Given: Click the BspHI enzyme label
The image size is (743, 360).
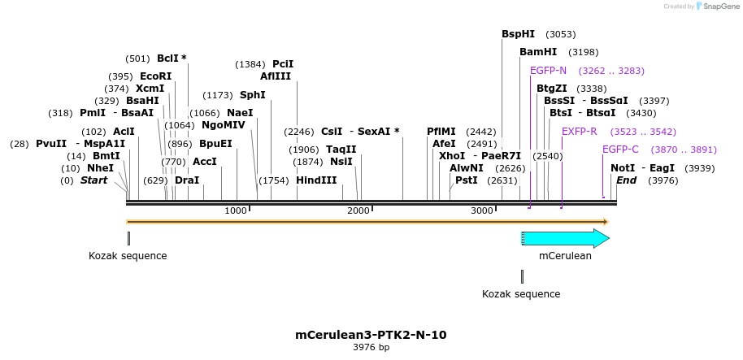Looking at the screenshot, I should click(518, 34).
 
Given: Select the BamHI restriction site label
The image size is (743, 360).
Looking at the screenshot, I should click(538, 52).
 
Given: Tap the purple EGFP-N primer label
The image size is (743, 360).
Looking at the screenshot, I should click(548, 71).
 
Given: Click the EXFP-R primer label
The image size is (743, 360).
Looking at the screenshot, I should click(579, 131).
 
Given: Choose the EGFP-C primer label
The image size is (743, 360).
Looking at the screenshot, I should click(620, 150).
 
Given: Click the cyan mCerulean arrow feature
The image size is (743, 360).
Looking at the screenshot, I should click(566, 238).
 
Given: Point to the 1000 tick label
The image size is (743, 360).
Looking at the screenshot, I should click(236, 210).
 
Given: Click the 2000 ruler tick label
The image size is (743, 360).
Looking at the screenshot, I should click(358, 210).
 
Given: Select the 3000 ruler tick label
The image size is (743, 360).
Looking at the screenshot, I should click(482, 210).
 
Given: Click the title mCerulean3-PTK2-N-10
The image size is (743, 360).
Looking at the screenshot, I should click(371, 334).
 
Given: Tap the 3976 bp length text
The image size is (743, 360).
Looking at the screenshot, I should click(371, 347).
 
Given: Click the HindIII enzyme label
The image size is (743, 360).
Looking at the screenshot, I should click(316, 180).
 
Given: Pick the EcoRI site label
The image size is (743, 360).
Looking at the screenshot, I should click(155, 76).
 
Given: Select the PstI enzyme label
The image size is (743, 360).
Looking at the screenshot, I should click(467, 180).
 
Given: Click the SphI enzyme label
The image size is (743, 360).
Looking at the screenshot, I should click(252, 95).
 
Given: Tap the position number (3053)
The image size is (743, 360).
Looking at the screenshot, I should click(561, 34).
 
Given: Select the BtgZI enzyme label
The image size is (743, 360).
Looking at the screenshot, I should click(551, 89).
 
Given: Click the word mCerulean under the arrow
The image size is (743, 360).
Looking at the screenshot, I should click(565, 255).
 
